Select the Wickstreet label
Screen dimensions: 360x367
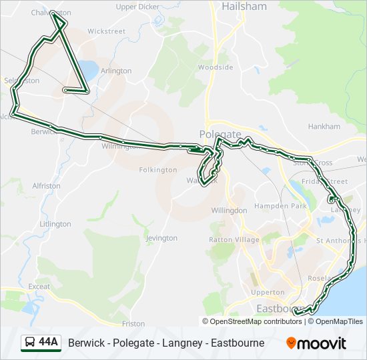[x=106, y=31]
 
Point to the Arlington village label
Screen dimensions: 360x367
[x=116, y=71]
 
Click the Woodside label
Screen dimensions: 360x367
[x=215, y=67]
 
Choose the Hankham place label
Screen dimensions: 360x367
[x=324, y=127]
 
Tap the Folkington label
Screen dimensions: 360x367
[x=158, y=170]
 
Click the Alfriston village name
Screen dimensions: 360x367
[x=46, y=186]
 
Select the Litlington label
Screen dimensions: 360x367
[x=55, y=224]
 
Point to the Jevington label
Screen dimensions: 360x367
[x=161, y=238]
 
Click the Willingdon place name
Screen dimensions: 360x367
[x=229, y=210]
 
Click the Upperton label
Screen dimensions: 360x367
[x=268, y=293]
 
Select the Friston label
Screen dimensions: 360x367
[x=133, y=324]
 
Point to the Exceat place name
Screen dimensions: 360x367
[x=39, y=287]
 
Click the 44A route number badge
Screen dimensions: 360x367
[x=48, y=343]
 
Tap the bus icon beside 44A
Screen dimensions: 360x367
[x=30, y=343]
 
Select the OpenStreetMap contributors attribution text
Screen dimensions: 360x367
[x=255, y=321]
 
